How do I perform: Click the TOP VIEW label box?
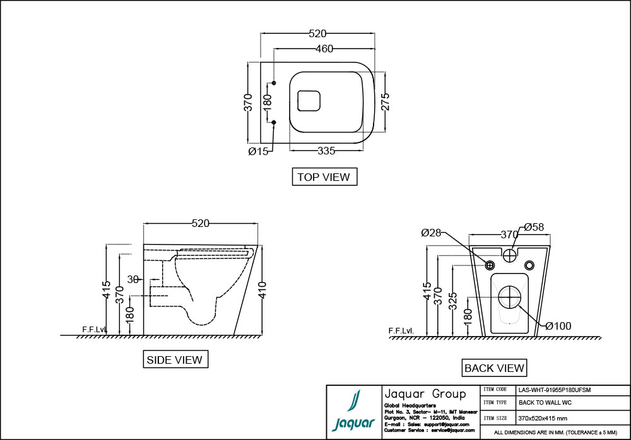point(324,177)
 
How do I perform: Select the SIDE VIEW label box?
point(175,359)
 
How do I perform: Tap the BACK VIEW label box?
point(494,368)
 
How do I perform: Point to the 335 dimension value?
point(326,151)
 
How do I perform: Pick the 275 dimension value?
point(385,101)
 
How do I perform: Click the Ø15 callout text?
point(258,151)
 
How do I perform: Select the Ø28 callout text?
point(431,233)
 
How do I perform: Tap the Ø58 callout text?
point(534,228)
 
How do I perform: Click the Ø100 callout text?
point(558,326)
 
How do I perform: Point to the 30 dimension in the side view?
point(133,279)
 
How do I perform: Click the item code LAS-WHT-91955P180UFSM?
point(554,390)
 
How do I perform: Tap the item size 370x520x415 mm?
point(543,418)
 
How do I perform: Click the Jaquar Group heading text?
point(425,394)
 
